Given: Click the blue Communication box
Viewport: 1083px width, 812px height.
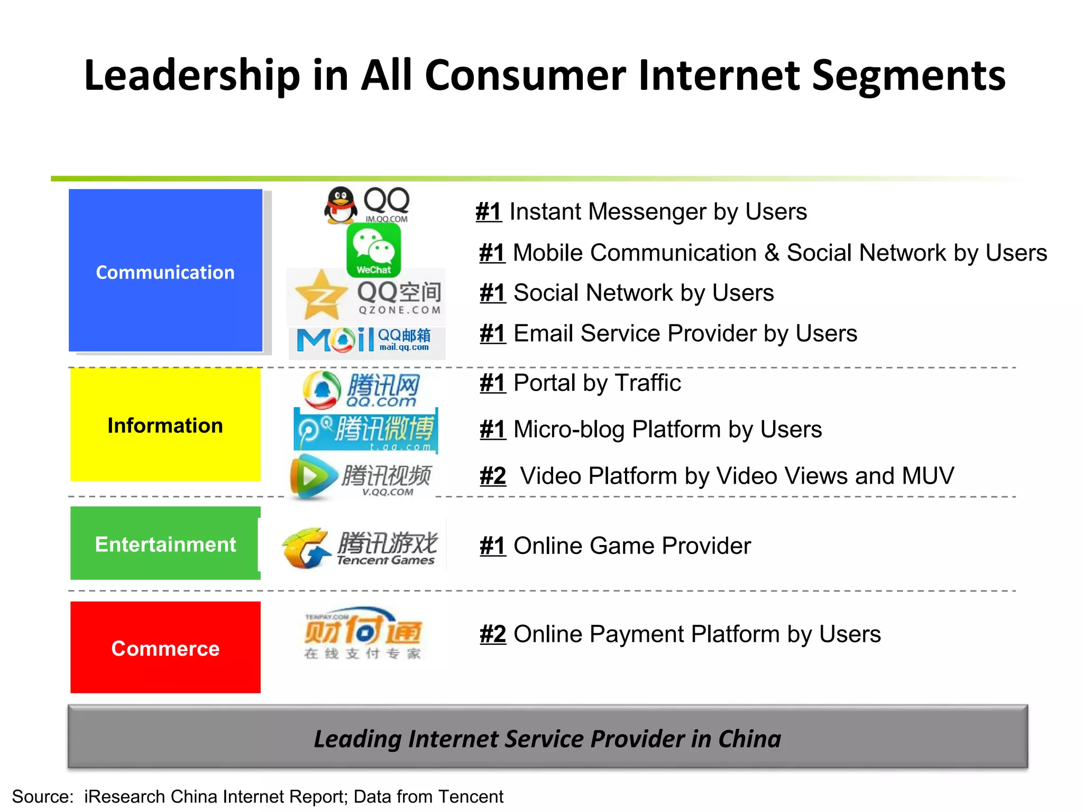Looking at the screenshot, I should click(166, 270).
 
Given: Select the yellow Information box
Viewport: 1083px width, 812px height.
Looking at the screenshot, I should click(166, 425).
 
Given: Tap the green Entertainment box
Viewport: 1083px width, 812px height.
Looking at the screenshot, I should click(165, 543).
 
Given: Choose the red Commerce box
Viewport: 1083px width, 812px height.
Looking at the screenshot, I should click(166, 647).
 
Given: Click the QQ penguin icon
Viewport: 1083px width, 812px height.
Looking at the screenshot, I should click(341, 205).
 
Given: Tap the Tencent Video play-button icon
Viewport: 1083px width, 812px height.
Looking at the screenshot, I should click(313, 477).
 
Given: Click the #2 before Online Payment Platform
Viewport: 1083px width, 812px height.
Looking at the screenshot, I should click(493, 634).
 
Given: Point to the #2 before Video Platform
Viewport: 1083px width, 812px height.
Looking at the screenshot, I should click(493, 476).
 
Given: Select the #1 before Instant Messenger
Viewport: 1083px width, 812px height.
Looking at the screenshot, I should click(489, 211).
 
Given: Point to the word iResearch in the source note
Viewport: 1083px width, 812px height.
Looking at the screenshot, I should click(124, 796).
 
